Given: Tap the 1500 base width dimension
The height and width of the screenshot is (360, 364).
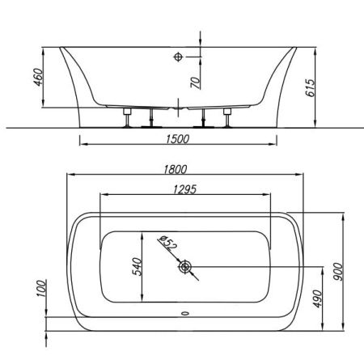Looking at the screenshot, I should (x=177, y=139).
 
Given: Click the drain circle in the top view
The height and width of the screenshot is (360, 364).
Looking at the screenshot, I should (x=185, y=265).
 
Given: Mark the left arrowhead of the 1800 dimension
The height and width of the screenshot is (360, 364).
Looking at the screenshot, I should (x=70, y=176).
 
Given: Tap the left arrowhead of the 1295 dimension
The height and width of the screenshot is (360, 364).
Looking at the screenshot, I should (x=101, y=195).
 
